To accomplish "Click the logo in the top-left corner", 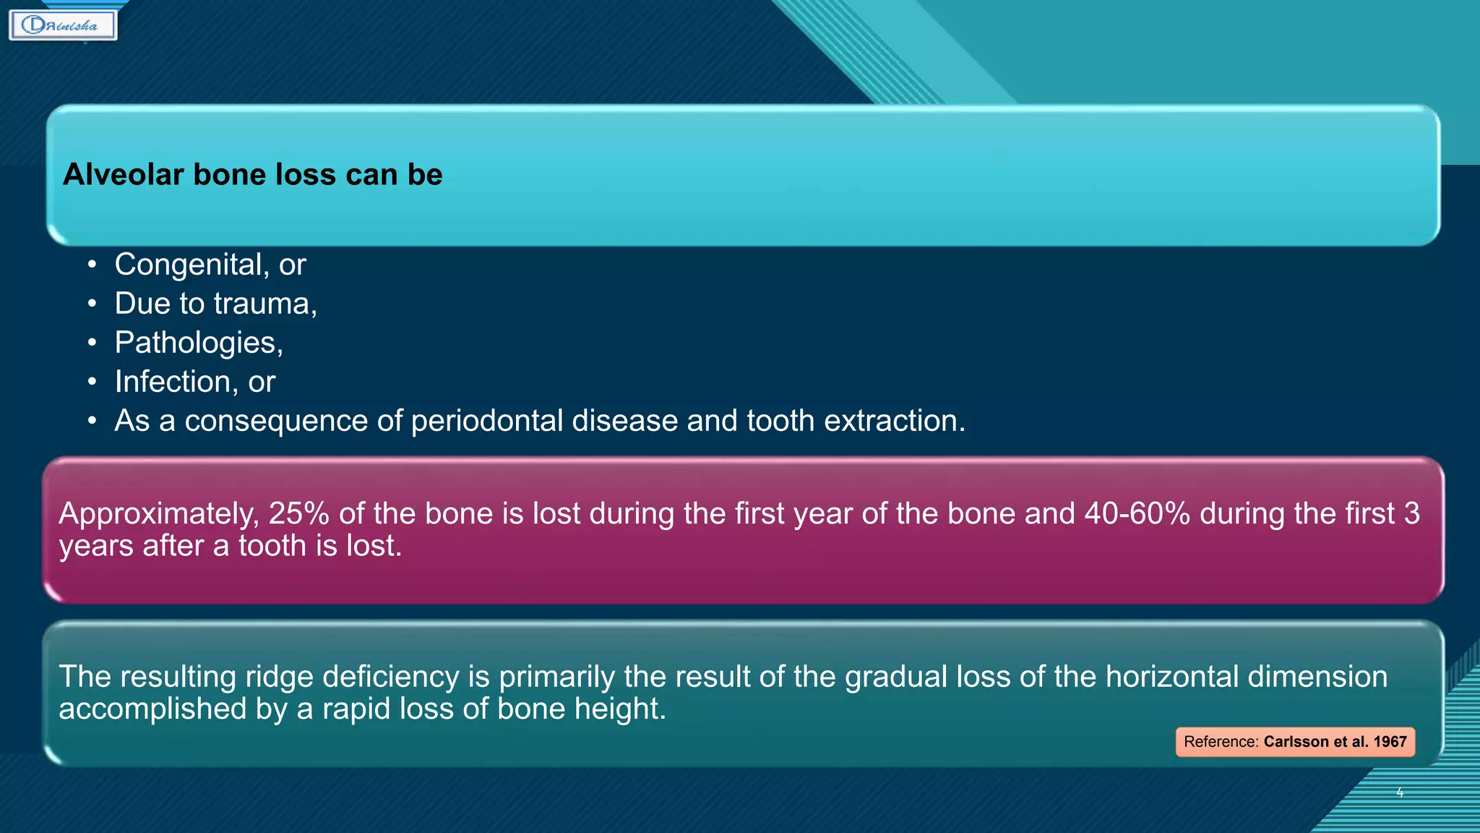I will pos(63,25).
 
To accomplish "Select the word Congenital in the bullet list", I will pos(187,265).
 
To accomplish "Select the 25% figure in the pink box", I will pos(298,513).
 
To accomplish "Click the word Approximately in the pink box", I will pos(158,513).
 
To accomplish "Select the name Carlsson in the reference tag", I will pos(1296,742).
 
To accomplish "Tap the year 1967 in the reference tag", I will pos(1390,742).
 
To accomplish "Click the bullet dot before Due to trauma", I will pos(92,304).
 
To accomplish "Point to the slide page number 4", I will pos(1400,793).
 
